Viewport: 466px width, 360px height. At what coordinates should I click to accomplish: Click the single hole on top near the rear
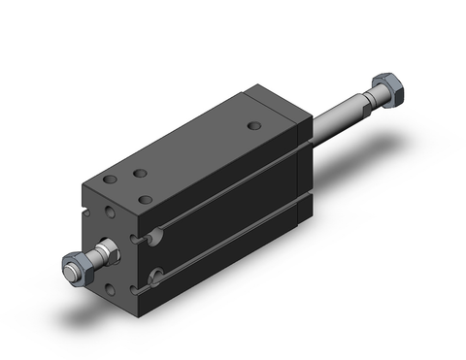(254, 126)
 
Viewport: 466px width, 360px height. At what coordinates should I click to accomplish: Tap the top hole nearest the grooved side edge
(146, 199)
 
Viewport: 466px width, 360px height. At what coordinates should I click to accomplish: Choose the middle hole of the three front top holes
(141, 173)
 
